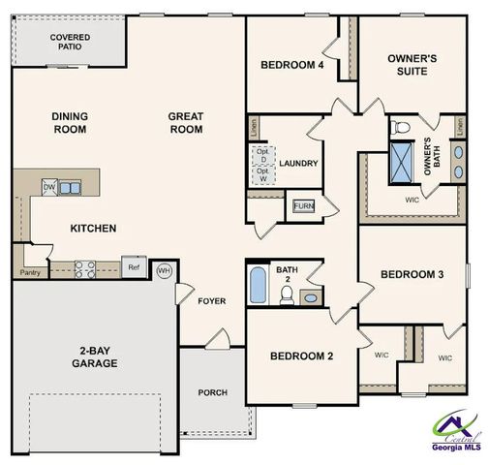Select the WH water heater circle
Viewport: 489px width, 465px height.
coord(164,270)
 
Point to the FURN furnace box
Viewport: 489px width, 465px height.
coord(303,205)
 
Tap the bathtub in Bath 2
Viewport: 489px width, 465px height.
coord(258,287)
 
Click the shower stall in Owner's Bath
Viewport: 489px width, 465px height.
coord(402,162)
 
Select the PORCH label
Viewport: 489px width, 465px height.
coord(213,392)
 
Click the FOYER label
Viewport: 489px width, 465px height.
coord(212,300)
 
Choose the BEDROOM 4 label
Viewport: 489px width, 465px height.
coord(291,65)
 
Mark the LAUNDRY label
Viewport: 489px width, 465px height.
coord(298,164)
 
